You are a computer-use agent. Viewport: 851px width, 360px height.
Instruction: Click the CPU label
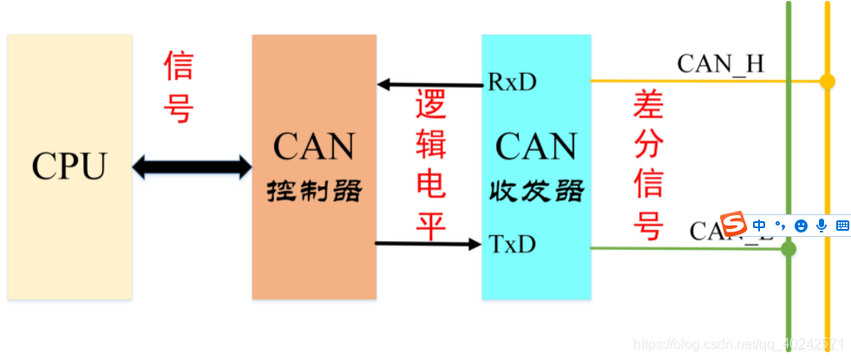coord(69,165)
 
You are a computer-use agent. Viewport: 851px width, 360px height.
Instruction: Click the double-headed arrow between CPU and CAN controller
coord(192,166)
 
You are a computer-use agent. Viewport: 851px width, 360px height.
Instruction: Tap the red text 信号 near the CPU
coord(179,87)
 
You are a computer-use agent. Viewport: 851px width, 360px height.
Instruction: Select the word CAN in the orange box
coord(313,146)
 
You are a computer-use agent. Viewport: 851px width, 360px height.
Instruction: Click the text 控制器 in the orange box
coord(313,190)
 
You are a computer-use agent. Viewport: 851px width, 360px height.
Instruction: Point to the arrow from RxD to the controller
coord(429,84)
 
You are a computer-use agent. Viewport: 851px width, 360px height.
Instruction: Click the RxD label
coord(512,82)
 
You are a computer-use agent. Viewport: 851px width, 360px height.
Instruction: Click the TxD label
coord(512,244)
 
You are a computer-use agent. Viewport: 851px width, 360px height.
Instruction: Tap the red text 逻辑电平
coord(430,165)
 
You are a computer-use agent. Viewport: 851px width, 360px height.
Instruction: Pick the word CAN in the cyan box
coord(536,146)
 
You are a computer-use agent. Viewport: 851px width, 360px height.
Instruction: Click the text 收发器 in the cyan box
coord(536,190)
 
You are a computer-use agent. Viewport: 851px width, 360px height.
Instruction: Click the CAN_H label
coord(720,63)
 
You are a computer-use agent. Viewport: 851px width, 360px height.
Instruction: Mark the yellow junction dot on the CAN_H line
coord(828,82)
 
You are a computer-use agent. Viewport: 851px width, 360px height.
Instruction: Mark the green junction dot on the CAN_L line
coord(789,249)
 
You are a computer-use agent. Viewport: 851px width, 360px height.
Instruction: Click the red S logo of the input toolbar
coord(734,225)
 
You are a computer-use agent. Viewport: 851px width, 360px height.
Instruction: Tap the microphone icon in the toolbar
coord(821,226)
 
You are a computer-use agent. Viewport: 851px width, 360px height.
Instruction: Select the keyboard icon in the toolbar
coord(841,226)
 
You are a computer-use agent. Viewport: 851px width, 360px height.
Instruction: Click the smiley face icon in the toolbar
coord(800,226)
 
